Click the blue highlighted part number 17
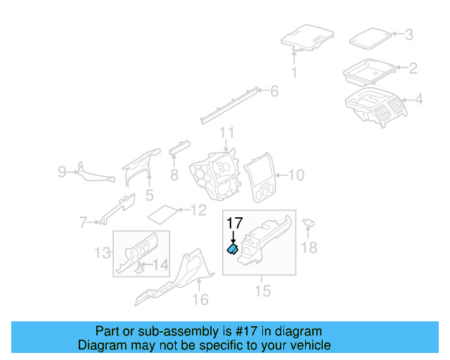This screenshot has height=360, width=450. pos(231,248)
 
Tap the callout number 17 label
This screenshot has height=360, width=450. pos(234,223)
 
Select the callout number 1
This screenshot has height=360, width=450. pos(294,72)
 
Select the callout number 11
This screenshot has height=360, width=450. pos(226,132)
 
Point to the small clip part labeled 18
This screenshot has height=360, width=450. pos(309,223)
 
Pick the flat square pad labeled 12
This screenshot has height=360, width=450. pos(164,212)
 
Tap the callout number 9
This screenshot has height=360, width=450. pos(61,171)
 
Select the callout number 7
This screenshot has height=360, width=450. pos(83,223)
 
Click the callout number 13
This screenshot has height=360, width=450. pos(103,252)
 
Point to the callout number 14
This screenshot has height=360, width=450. pos(161,265)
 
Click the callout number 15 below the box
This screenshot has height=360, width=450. pos(262,289)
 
